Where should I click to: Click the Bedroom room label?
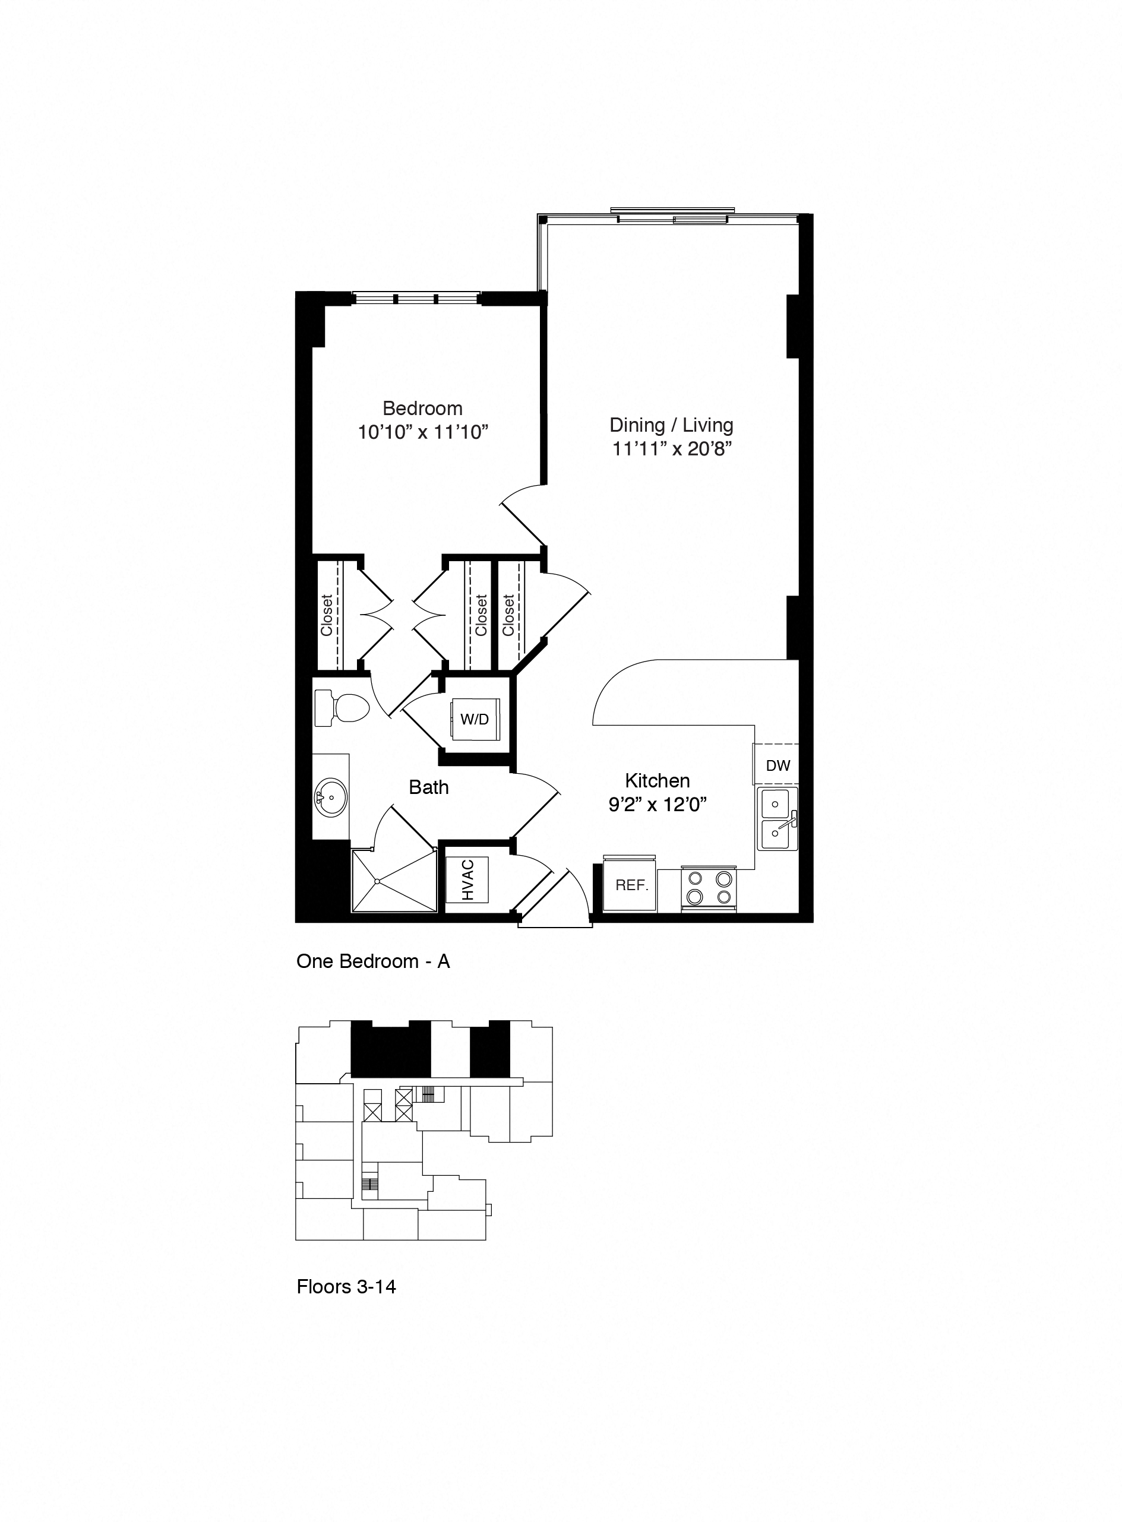(422, 408)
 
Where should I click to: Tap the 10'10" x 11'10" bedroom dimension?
(423, 432)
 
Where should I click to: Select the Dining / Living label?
(671, 425)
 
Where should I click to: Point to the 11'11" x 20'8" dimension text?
(671, 449)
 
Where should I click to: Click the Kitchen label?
(658, 780)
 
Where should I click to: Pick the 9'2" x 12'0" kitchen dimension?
(658, 805)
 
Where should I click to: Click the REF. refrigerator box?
(631, 885)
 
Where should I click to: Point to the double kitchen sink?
(778, 819)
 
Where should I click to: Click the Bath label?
(429, 787)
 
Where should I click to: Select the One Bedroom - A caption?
(373, 961)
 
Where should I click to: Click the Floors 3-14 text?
(346, 1286)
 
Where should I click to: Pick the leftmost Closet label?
(327, 615)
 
